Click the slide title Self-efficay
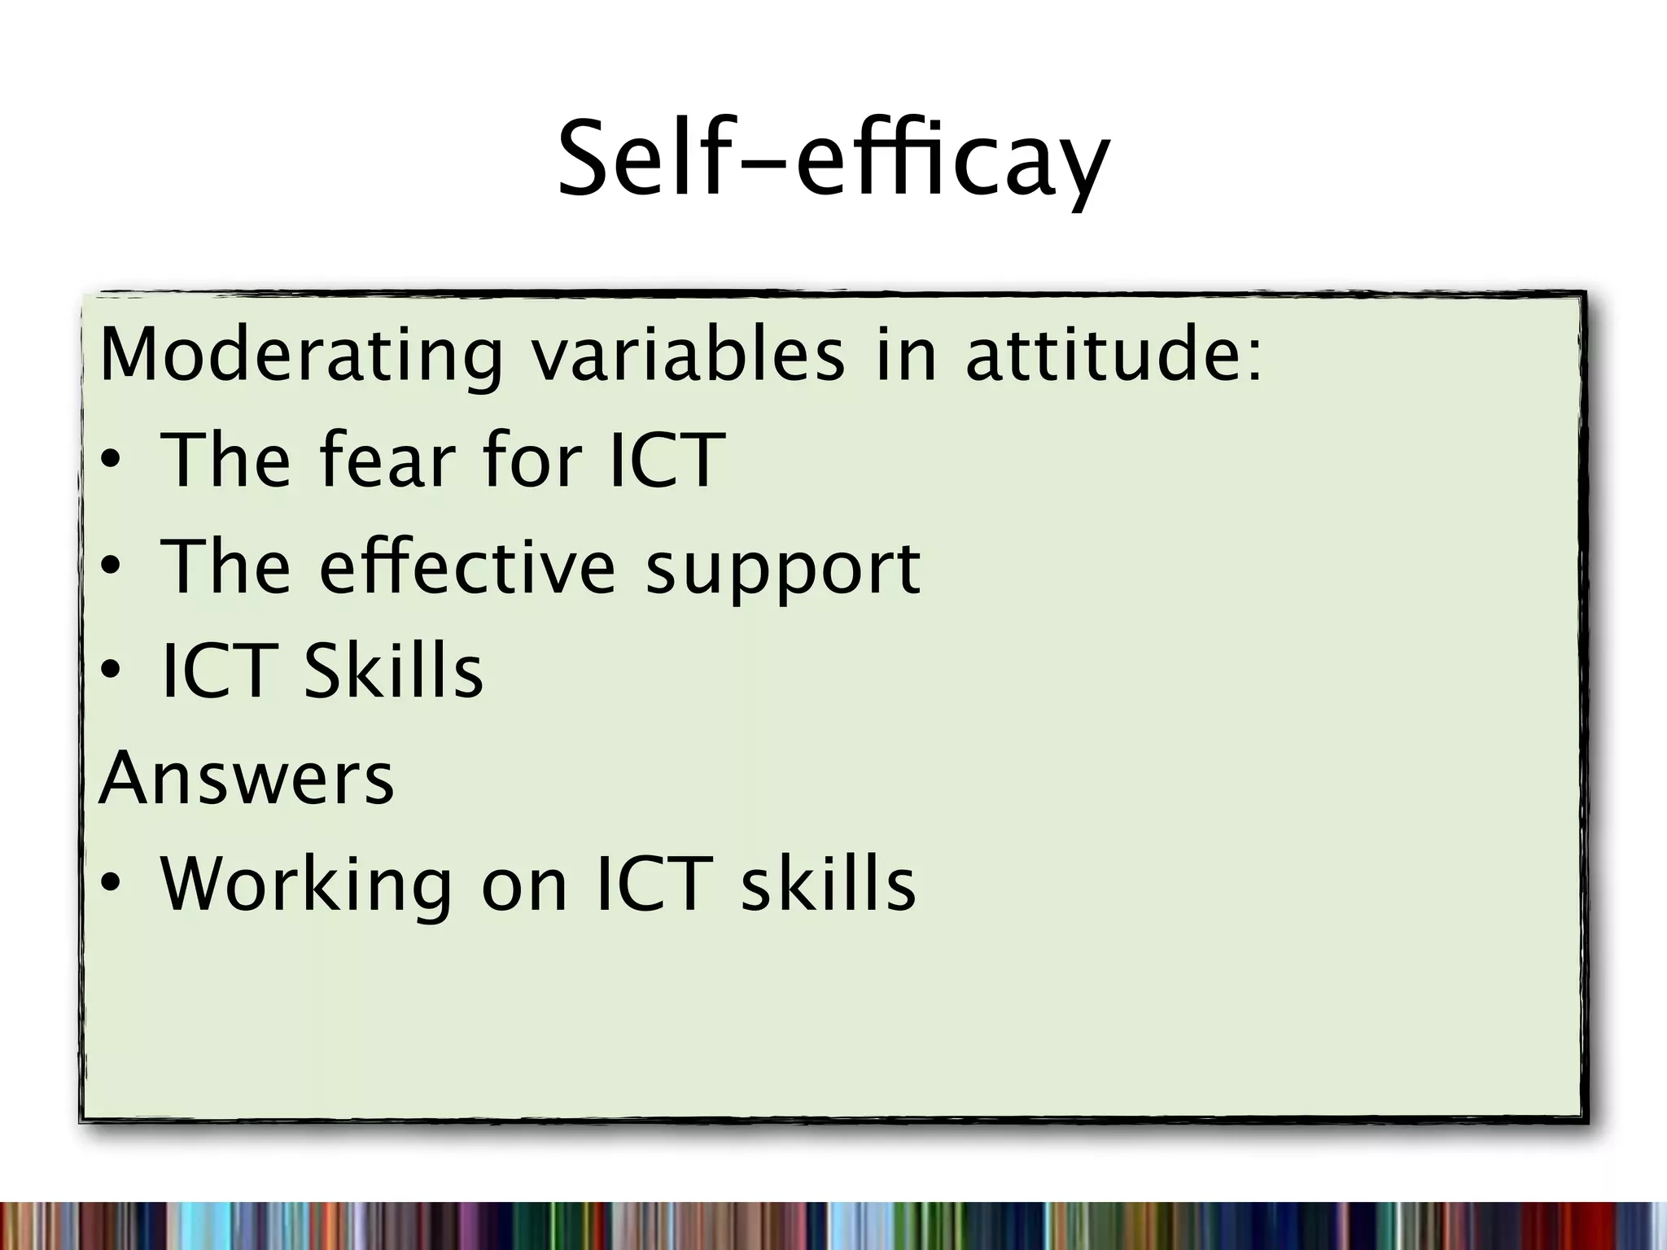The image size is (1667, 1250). coord(833,160)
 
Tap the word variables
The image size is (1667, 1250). coord(688,355)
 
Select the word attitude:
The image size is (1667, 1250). coord(1114,355)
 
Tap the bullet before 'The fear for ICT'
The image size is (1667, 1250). coord(111,462)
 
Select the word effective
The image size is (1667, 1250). coord(467,566)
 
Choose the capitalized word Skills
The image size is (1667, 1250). coord(393,671)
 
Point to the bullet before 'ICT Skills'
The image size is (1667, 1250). coord(111,671)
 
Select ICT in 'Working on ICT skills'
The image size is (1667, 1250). coord(649,884)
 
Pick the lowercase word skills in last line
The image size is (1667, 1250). coord(828,884)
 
